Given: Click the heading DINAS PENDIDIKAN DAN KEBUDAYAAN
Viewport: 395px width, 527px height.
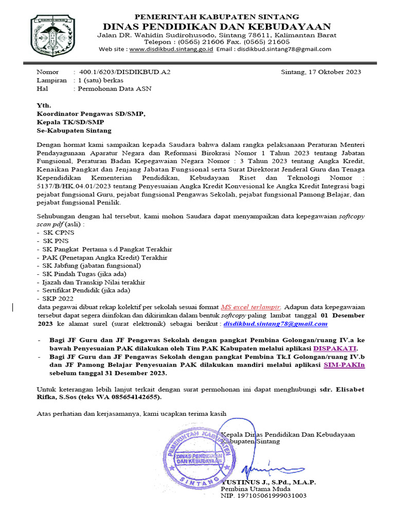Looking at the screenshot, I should [x=217, y=26].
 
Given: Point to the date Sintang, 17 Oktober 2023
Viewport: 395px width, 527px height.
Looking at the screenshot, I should [x=321, y=72].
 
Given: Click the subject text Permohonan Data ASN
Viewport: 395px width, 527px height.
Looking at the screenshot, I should [x=114, y=89].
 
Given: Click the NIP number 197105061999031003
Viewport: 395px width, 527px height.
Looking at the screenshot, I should [x=263, y=496].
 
